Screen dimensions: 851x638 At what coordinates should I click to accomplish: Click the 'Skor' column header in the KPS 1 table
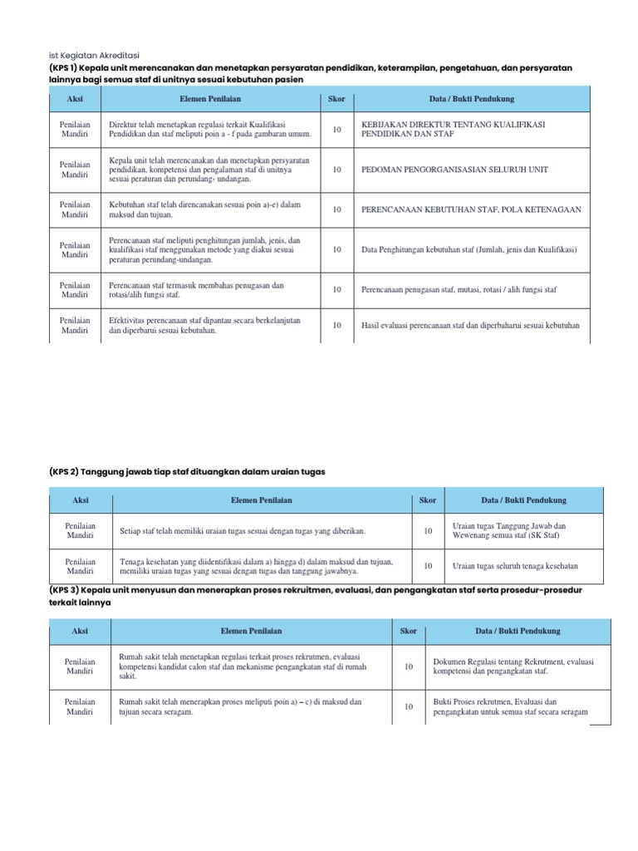pyautogui.click(x=336, y=99)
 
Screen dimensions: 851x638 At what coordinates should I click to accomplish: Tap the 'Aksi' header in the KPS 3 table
pyautogui.click(x=81, y=631)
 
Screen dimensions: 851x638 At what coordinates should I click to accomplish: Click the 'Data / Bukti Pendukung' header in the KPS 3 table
pyautogui.click(x=518, y=631)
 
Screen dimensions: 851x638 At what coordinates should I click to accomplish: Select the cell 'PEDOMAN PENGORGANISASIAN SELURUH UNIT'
pyautogui.click(x=454, y=170)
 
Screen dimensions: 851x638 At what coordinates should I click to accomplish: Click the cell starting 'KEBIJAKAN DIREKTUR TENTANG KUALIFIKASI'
pyautogui.click(x=453, y=130)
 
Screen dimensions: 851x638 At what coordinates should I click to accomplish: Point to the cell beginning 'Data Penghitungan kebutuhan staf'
pyautogui.click(x=469, y=249)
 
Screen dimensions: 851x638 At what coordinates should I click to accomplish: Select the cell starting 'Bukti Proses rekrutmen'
pyautogui.click(x=511, y=706)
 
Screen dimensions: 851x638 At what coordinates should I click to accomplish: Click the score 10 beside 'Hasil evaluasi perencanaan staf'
pyautogui.click(x=336, y=326)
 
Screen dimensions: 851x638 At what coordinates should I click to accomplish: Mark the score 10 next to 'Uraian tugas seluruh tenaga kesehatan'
pyautogui.click(x=428, y=566)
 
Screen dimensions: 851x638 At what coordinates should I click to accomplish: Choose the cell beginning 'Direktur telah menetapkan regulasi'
pyautogui.click(x=210, y=130)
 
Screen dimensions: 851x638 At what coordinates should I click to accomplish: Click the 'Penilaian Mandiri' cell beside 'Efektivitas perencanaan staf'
pyautogui.click(x=75, y=326)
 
